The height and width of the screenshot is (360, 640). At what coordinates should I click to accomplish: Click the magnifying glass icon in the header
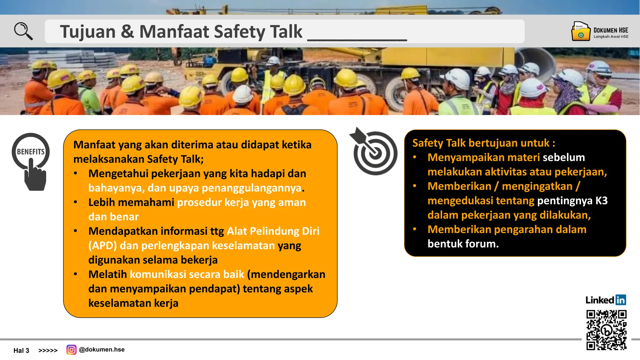pyautogui.click(x=23, y=31)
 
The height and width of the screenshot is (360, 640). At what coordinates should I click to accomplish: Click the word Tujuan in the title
pyautogui.click(x=88, y=32)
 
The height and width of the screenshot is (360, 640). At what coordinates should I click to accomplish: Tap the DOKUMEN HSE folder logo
pyautogui.click(x=581, y=31)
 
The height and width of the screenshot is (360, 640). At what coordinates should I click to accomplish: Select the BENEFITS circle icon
pyautogui.click(x=31, y=151)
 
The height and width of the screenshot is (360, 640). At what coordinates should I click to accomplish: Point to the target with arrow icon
pyautogui.click(x=374, y=152)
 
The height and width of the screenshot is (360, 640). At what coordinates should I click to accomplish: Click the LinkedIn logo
pyautogui.click(x=606, y=300)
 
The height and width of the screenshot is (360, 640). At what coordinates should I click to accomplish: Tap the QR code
pyautogui.click(x=606, y=330)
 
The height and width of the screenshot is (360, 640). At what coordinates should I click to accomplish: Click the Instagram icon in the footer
pyautogui.click(x=71, y=350)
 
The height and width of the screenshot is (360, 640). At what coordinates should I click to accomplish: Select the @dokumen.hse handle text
pyautogui.click(x=102, y=350)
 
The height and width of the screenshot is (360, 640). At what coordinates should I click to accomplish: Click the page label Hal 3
pyautogui.click(x=21, y=351)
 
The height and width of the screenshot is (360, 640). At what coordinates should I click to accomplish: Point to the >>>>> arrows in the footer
pyautogui.click(x=48, y=351)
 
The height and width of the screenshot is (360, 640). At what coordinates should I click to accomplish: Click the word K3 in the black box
pyautogui.click(x=601, y=201)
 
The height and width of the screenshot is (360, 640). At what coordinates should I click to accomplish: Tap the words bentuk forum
pyautogui.click(x=463, y=244)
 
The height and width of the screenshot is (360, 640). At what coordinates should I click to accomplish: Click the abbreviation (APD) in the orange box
pyautogui.click(x=102, y=246)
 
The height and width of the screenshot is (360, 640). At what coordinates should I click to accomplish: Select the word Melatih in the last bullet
pyautogui.click(x=107, y=274)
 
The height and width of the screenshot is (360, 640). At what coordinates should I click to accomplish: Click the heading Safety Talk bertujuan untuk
pyautogui.click(x=483, y=143)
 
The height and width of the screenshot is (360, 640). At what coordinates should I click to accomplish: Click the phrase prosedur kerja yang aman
pyautogui.click(x=241, y=202)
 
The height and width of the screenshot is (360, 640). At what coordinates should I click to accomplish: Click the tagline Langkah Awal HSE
pyautogui.click(x=611, y=37)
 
